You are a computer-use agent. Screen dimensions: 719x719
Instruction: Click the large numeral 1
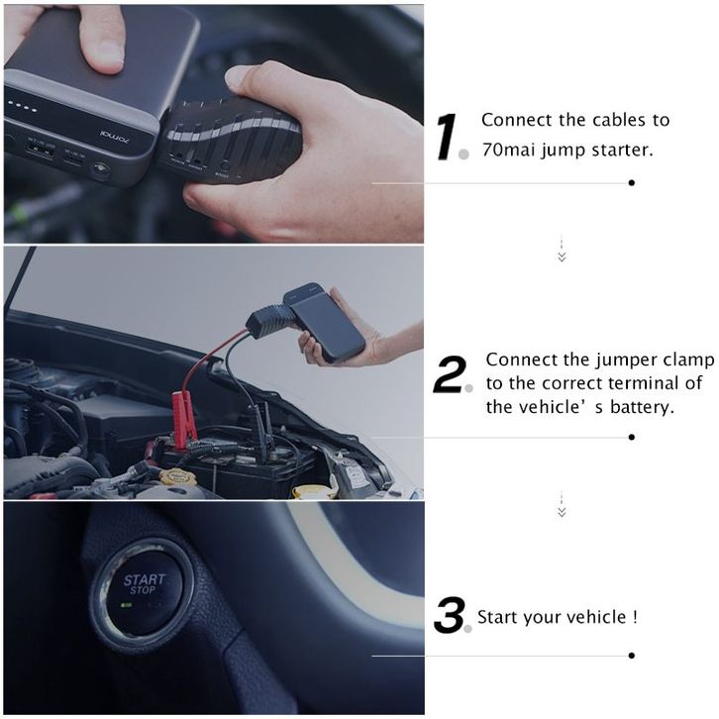446,137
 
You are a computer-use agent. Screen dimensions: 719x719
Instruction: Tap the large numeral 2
451,374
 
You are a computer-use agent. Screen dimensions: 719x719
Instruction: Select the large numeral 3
450,614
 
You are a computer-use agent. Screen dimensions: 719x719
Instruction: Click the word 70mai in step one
509,150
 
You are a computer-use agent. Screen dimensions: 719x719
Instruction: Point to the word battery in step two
642,407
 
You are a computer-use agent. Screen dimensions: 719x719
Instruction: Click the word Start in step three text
497,617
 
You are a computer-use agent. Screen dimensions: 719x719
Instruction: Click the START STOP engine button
143,587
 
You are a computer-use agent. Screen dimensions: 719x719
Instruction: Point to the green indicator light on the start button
126,605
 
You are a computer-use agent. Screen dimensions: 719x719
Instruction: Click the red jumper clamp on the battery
184,417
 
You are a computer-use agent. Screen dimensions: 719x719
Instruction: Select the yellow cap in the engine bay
177,477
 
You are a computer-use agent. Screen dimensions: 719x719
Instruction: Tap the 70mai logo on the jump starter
115,137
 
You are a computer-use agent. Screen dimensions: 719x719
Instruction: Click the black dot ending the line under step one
632,182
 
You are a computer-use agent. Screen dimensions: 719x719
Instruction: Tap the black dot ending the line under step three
632,656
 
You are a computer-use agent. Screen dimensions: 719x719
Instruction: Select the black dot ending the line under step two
632,437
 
